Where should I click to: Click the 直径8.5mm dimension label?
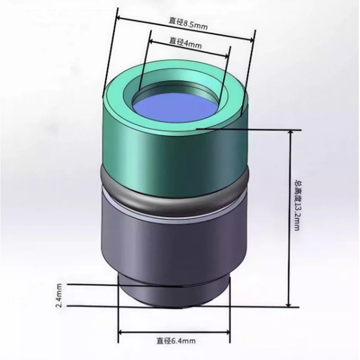(188, 25)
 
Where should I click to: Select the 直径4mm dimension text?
(186, 43)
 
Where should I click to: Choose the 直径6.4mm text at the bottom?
(176, 341)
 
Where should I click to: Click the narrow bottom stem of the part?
(174, 296)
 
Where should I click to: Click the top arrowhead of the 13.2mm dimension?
(289, 133)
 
